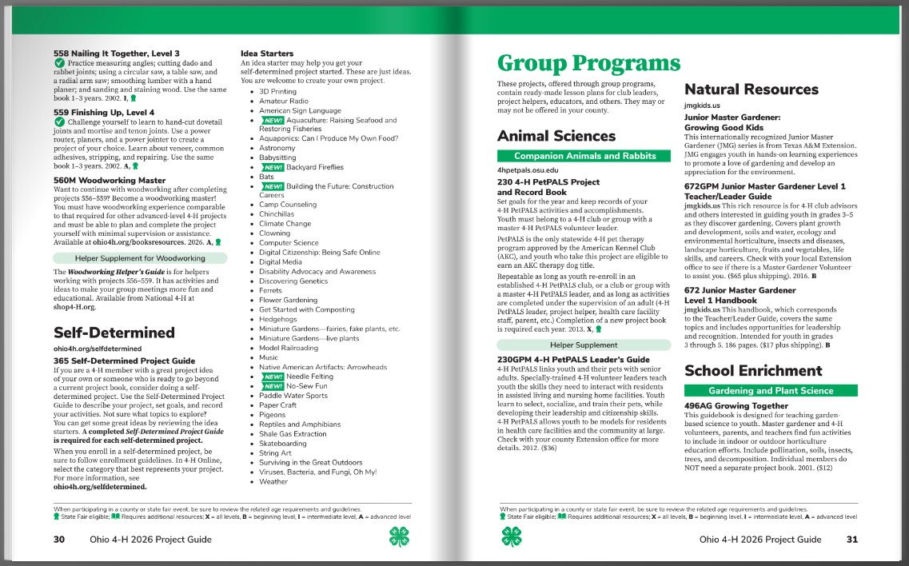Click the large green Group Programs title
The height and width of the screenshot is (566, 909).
588,63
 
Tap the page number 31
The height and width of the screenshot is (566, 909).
851,540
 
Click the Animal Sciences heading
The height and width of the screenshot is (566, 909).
556,136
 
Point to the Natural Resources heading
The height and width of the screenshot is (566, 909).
752,90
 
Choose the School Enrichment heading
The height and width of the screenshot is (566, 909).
753,370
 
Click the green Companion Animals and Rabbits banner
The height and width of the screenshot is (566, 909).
584,156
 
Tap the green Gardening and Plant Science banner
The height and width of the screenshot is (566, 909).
771,390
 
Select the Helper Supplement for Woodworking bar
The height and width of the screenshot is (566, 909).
140,258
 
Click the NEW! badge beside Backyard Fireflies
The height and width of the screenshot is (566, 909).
272,167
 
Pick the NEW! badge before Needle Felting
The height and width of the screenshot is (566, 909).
272,377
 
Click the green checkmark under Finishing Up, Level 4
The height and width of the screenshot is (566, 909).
59,123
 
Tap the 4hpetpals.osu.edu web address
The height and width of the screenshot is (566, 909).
528,171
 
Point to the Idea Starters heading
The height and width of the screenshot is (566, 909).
267,54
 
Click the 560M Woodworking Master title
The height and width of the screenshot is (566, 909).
110,181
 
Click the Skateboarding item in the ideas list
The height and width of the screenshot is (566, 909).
282,444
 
